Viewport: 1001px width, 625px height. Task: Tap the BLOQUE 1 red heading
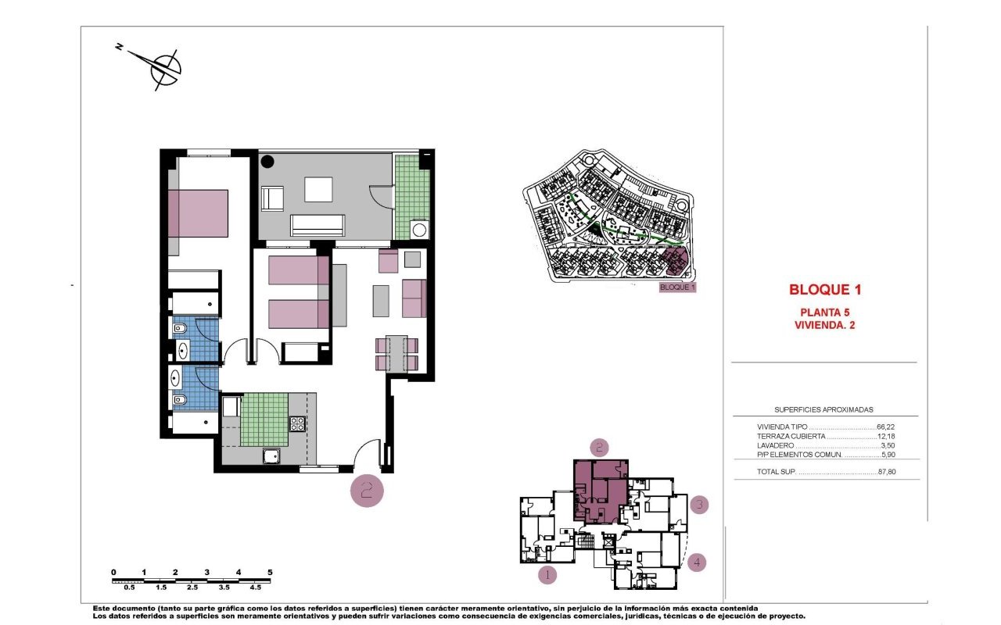click(825, 290)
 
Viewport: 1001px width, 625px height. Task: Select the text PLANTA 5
click(824, 312)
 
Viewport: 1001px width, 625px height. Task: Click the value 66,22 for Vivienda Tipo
click(885, 427)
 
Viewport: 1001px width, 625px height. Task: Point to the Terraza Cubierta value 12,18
click(886, 436)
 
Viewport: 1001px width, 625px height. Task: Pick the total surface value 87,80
click(887, 471)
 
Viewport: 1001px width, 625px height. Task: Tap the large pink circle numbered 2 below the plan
click(367, 491)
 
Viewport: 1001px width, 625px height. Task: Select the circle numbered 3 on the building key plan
click(699, 505)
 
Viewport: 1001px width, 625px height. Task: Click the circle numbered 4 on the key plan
click(697, 562)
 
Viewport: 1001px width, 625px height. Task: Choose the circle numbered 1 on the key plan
click(547, 574)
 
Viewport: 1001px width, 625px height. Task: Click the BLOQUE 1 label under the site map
click(677, 287)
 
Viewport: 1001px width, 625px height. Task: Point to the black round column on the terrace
click(267, 162)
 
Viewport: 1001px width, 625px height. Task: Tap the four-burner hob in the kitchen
click(298, 423)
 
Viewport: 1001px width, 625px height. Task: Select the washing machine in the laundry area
click(419, 230)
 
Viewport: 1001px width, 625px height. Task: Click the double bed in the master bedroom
click(198, 214)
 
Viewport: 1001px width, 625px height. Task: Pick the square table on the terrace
click(318, 190)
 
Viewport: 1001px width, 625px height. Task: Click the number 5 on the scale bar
click(270, 573)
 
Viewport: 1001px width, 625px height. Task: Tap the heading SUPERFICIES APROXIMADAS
click(823, 409)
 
